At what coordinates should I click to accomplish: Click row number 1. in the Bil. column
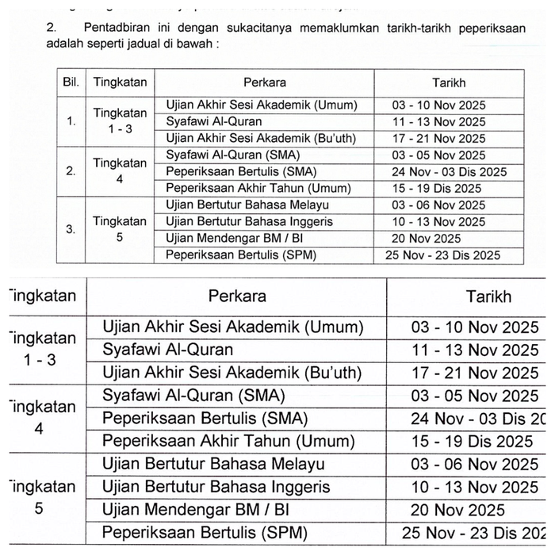pyautogui.click(x=71, y=121)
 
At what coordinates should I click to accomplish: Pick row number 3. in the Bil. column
pyautogui.click(x=71, y=230)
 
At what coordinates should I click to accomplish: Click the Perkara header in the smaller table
pyautogui.click(x=266, y=82)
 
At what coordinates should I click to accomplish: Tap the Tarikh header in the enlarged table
pyautogui.click(x=488, y=297)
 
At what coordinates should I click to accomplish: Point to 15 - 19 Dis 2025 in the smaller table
pyautogui.click(x=437, y=189)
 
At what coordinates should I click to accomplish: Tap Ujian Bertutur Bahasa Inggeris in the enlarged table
pyautogui.click(x=216, y=487)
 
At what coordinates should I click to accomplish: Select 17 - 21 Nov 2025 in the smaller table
pyautogui.click(x=438, y=138)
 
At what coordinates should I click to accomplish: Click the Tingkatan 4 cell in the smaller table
pyautogui.click(x=120, y=171)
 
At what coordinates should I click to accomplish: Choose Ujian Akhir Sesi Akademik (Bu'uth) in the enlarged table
pyautogui.click(x=232, y=373)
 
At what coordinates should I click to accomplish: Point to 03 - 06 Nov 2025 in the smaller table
pyautogui.click(x=438, y=205)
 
